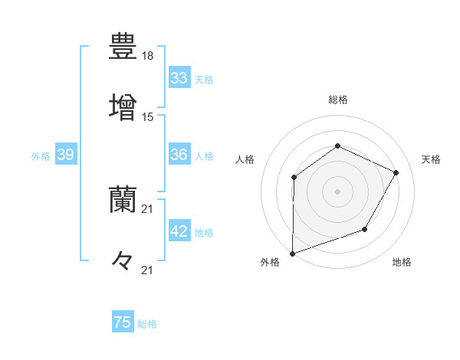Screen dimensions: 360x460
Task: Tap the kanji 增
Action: [x=123, y=105]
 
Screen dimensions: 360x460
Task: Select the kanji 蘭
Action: [x=123, y=200]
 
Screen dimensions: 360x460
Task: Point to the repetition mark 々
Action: [x=123, y=261]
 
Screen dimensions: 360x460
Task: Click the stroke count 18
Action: [x=148, y=57]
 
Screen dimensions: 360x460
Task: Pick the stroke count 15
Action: [x=148, y=117]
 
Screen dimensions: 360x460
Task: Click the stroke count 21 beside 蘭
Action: [x=148, y=209]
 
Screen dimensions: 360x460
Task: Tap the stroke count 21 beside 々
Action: [x=148, y=270]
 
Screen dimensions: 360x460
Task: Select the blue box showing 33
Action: [x=179, y=78]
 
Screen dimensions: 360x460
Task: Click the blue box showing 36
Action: [x=179, y=155]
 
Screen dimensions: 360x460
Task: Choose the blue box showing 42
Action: [x=179, y=231]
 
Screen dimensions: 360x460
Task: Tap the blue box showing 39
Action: [x=65, y=155]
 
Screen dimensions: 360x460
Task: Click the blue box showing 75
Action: [x=123, y=322]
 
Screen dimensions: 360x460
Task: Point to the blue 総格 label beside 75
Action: [x=148, y=324]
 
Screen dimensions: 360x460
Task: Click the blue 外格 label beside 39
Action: [x=41, y=156]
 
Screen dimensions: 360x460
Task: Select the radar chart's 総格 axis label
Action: [x=337, y=100]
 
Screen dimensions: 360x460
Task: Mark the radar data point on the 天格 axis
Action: [x=396, y=172]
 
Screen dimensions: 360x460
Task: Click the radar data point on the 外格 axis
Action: [x=292, y=253]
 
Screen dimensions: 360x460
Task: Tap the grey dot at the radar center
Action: [x=337, y=191]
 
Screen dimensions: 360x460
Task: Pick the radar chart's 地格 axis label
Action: [x=402, y=262]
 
